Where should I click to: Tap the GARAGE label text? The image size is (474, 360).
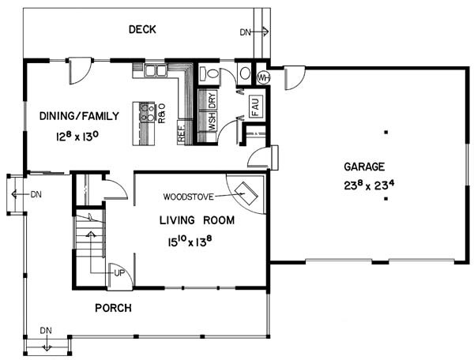click(364, 167)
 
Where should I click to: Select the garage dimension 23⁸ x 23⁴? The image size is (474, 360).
click(369, 185)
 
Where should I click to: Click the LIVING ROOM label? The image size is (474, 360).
click(197, 220)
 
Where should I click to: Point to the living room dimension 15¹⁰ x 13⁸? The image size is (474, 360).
click(190, 241)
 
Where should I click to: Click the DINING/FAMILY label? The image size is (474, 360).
click(79, 116)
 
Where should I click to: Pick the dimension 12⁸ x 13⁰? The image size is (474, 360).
click(77, 137)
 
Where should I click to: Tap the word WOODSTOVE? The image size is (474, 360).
click(188, 197)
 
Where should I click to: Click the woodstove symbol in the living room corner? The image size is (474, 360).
click(246, 193)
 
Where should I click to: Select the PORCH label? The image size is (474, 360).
click(113, 308)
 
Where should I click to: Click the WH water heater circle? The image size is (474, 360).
click(263, 78)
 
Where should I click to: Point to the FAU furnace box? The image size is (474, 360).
click(256, 107)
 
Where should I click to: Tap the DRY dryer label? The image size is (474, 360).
click(213, 101)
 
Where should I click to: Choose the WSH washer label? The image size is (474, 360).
click(213, 122)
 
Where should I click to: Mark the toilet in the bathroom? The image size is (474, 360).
click(209, 73)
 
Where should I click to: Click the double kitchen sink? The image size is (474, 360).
click(156, 71)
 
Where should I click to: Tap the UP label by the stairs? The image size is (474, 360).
click(119, 273)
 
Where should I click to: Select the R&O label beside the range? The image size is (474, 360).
click(162, 114)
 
